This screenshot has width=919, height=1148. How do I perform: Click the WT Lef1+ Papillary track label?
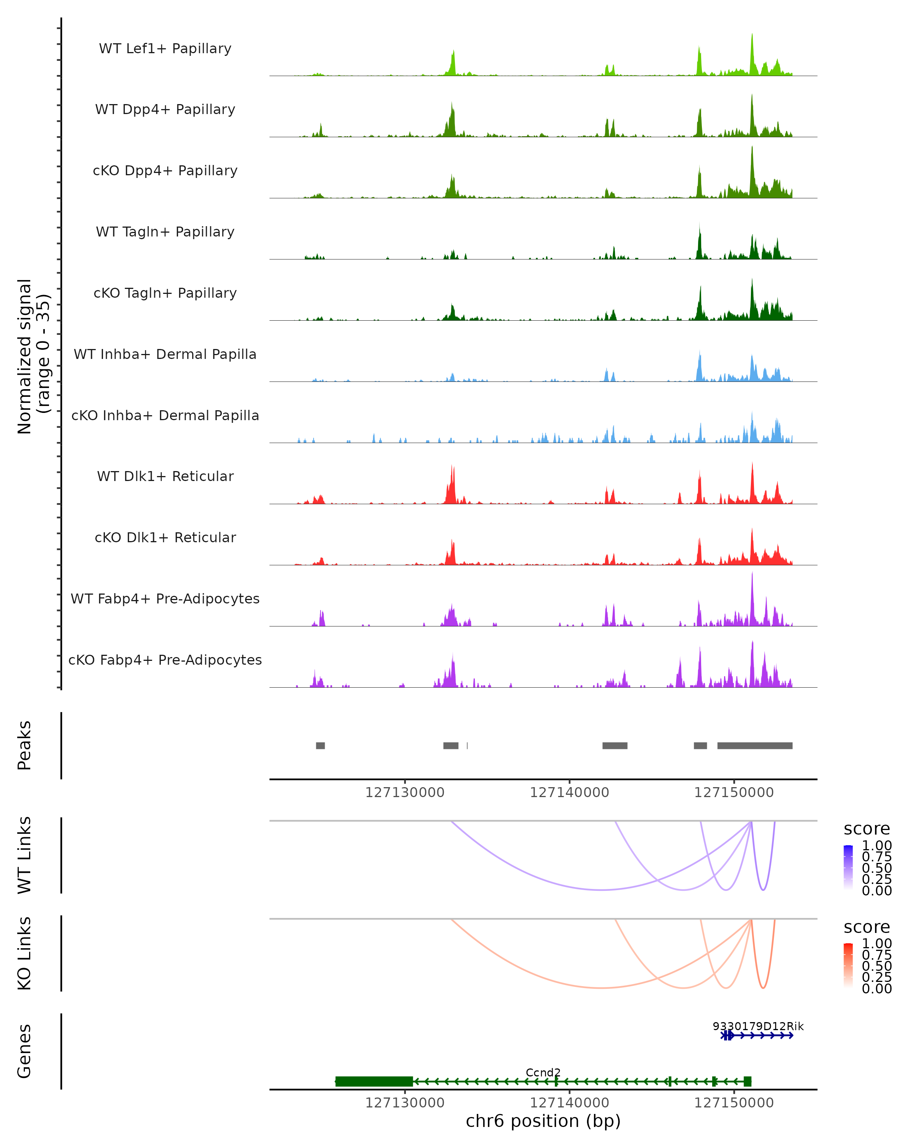(x=165, y=49)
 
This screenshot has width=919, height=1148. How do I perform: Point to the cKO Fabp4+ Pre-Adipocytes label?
(x=165, y=660)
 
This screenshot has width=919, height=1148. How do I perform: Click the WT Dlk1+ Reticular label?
(x=165, y=476)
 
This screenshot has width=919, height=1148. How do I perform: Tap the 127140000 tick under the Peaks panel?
(x=569, y=793)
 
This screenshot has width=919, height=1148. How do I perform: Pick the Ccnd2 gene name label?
(x=543, y=1072)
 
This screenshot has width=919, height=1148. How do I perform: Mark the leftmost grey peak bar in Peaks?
(x=320, y=745)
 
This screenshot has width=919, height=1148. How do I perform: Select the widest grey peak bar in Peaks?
(x=754, y=745)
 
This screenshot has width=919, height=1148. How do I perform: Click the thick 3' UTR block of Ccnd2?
(x=374, y=1081)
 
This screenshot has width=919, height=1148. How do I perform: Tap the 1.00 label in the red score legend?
(x=876, y=944)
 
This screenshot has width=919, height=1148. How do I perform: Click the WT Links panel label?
(x=25, y=855)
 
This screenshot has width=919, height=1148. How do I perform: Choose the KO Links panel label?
(x=25, y=953)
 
